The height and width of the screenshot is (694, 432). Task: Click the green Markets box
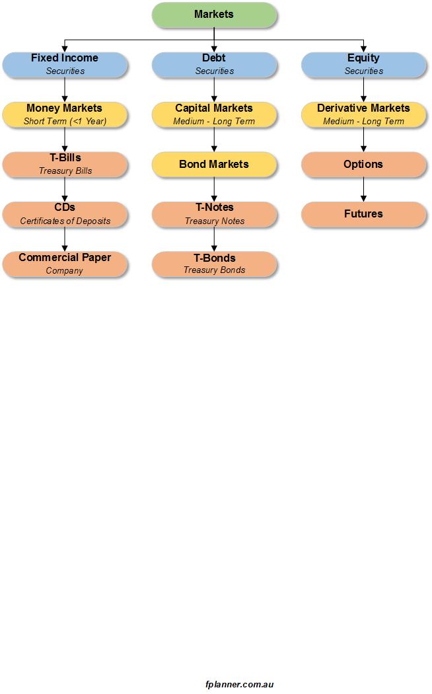214,15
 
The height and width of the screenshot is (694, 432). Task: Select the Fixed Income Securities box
65,65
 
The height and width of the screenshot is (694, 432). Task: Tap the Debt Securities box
214,65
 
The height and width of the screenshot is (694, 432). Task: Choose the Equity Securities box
363,65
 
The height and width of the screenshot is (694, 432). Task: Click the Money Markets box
65,114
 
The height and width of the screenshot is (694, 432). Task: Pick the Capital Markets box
214,114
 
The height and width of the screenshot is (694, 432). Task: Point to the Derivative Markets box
363,114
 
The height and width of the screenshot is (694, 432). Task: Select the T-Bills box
65,165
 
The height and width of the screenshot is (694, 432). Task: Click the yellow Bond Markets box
214,165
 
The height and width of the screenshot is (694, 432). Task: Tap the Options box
363,165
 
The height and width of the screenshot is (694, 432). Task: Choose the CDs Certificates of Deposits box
65,215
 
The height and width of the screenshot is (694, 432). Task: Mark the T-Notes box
214,215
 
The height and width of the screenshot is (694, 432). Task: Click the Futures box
363,215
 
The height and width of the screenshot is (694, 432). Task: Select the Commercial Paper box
65,264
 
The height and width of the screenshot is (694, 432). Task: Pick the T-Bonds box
214,264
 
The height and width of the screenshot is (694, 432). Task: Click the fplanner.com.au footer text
239,684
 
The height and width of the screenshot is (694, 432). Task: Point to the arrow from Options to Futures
363,190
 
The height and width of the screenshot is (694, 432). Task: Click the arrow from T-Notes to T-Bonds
214,239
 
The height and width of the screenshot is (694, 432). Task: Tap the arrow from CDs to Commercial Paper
65,239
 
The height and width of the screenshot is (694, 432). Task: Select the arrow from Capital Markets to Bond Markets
214,140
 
